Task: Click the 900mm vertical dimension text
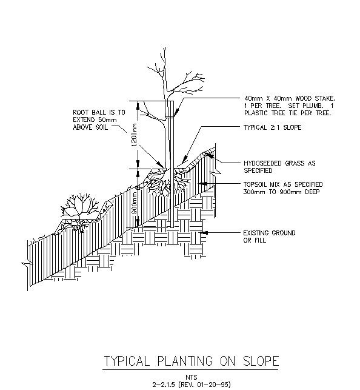[135, 205]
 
